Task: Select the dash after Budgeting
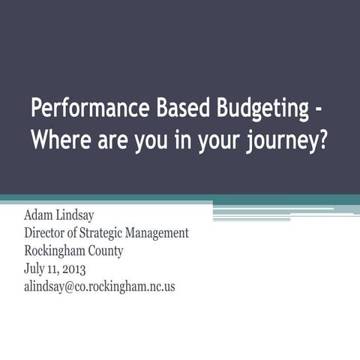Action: (x=319, y=109)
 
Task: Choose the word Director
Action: (x=49, y=234)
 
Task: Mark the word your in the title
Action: (x=213, y=141)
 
